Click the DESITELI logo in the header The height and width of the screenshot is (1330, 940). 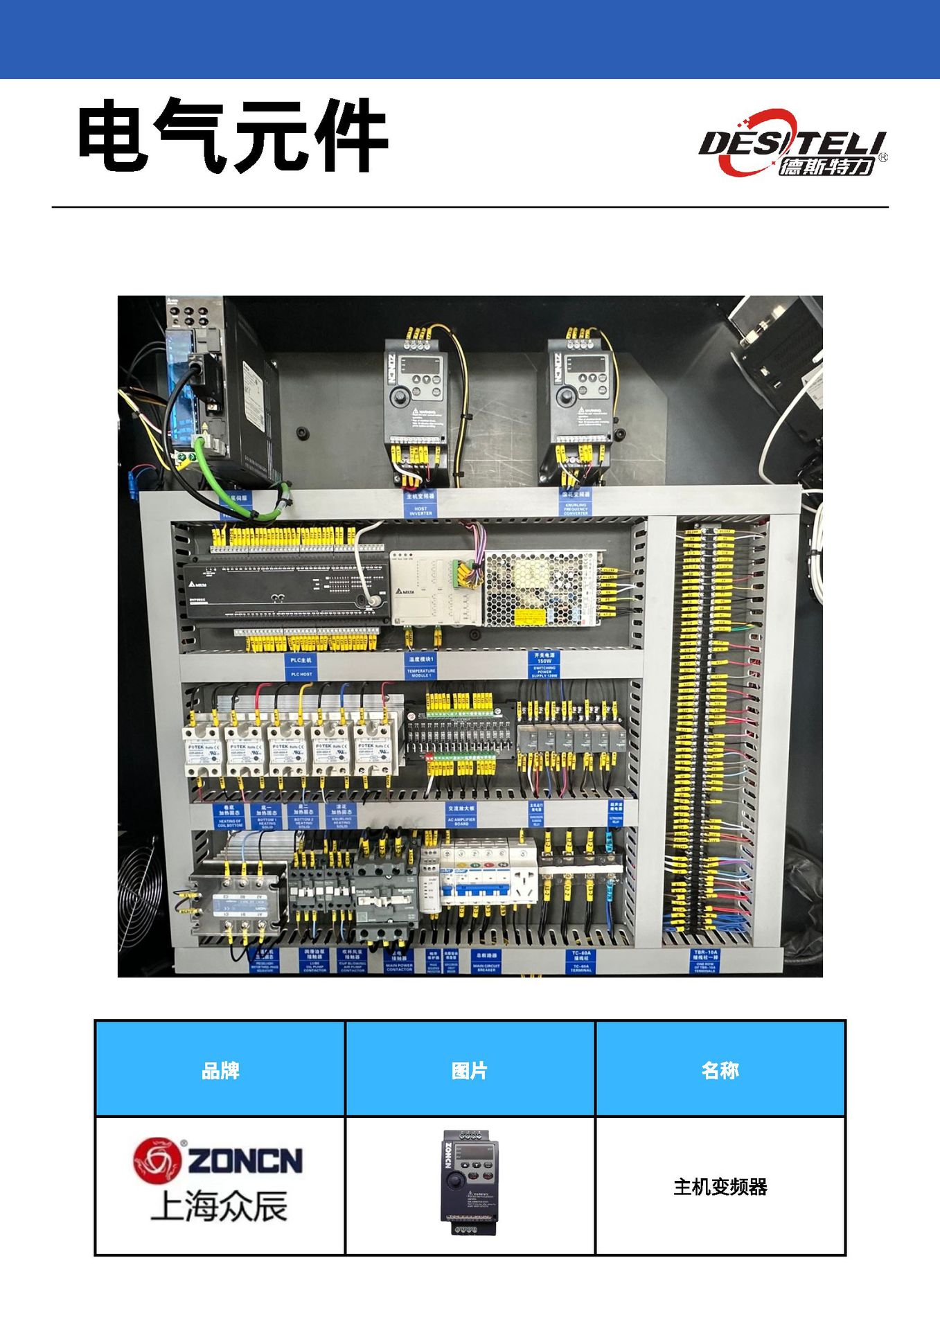(792, 143)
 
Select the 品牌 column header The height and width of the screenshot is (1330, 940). (220, 1070)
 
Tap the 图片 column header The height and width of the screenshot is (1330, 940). (470, 1070)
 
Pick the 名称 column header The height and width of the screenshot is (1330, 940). (720, 1070)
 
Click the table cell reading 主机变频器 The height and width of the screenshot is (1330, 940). (720, 1187)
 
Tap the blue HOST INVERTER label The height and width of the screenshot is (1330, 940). (420, 504)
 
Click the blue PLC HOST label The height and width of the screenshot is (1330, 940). (301, 666)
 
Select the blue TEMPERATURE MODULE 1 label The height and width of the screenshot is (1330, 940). (420, 666)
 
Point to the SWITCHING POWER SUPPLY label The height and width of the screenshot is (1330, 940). (544, 664)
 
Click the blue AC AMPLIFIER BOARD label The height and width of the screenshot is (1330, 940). (461, 815)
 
